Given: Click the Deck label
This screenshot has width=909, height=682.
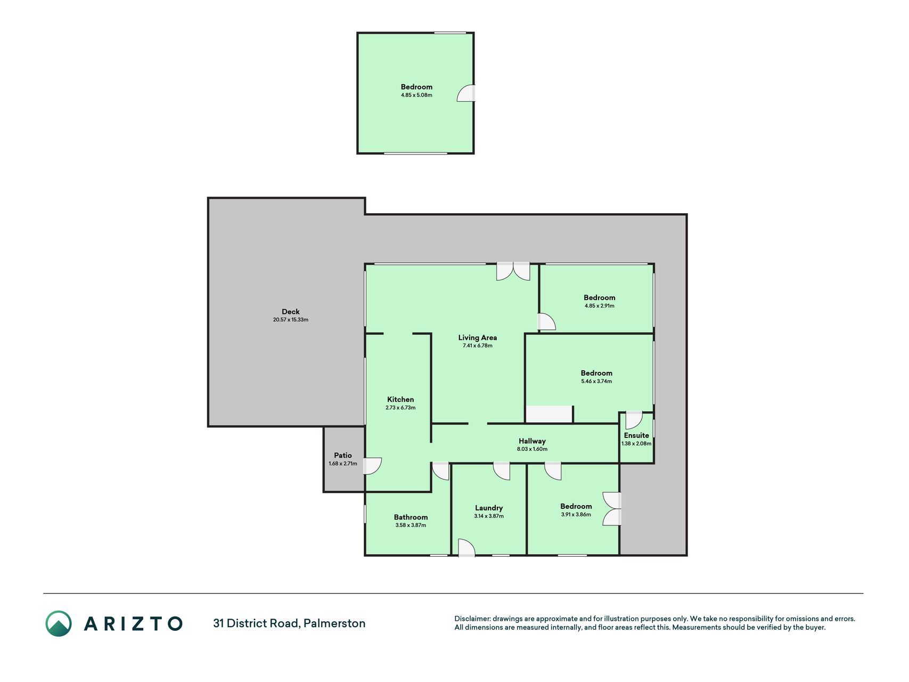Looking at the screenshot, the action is coord(291,312).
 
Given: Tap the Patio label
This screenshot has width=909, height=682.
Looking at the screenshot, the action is coord(343,456).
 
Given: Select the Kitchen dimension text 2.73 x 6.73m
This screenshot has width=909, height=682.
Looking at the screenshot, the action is coord(400,408).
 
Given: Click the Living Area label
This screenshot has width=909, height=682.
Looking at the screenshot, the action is coord(478,338).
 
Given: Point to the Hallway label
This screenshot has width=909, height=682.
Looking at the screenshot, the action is coord(532,441).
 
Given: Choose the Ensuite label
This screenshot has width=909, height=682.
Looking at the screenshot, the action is coord(636,435).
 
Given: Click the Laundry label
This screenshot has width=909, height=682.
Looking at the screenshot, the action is coord(489,508).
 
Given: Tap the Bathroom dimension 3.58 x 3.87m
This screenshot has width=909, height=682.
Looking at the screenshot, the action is coord(411,525).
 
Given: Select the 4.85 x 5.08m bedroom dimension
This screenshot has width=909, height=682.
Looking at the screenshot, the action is coord(416,95).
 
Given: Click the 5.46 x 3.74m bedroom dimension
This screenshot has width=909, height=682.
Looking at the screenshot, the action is coord(596,381).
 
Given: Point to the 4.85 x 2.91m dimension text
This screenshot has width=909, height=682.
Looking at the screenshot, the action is coord(599,306).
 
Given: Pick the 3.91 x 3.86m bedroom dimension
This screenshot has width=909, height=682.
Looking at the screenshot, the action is coord(576,515).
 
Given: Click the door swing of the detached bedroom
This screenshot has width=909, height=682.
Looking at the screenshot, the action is coord(465,93).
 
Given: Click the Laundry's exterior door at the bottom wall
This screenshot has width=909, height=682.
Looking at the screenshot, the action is coord(466,548).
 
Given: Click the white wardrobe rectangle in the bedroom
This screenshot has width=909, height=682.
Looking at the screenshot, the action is coord(549,415).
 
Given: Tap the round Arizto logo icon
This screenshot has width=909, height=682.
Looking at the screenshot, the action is coord(59,623).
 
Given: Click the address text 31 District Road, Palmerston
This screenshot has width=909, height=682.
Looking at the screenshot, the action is coord(289,623).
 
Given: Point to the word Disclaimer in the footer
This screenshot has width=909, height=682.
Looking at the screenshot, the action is coord(472,619).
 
